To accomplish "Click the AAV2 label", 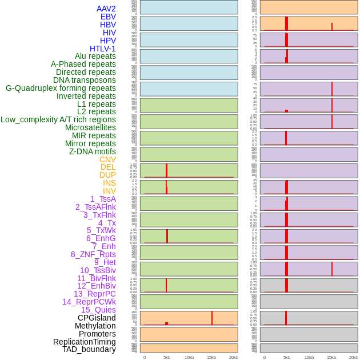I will click(x=106, y=9).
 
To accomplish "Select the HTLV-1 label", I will click(x=102, y=49).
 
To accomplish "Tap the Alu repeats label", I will click(x=95, y=56).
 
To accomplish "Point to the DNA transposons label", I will click(x=84, y=80).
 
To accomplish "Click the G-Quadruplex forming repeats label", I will click(x=61, y=88).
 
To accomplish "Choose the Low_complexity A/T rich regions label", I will click(x=58, y=119).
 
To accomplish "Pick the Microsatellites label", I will click(x=90, y=127).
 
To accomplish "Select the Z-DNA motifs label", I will click(x=92, y=151).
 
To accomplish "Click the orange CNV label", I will click(x=107, y=159).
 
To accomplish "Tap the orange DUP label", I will click(x=107, y=175).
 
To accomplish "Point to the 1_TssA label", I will click(x=103, y=199).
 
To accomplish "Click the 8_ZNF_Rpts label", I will click(x=93, y=254).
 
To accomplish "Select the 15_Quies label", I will click(x=98, y=310).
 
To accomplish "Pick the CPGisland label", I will click(x=97, y=318).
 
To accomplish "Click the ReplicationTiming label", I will click(x=84, y=342).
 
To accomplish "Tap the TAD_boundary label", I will click(x=89, y=349).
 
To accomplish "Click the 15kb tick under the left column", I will click(x=211, y=357).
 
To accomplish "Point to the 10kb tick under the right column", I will click(x=309, y=357).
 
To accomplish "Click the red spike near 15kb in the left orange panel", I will click(x=212, y=318).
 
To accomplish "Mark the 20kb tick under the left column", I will click(x=234, y=357).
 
